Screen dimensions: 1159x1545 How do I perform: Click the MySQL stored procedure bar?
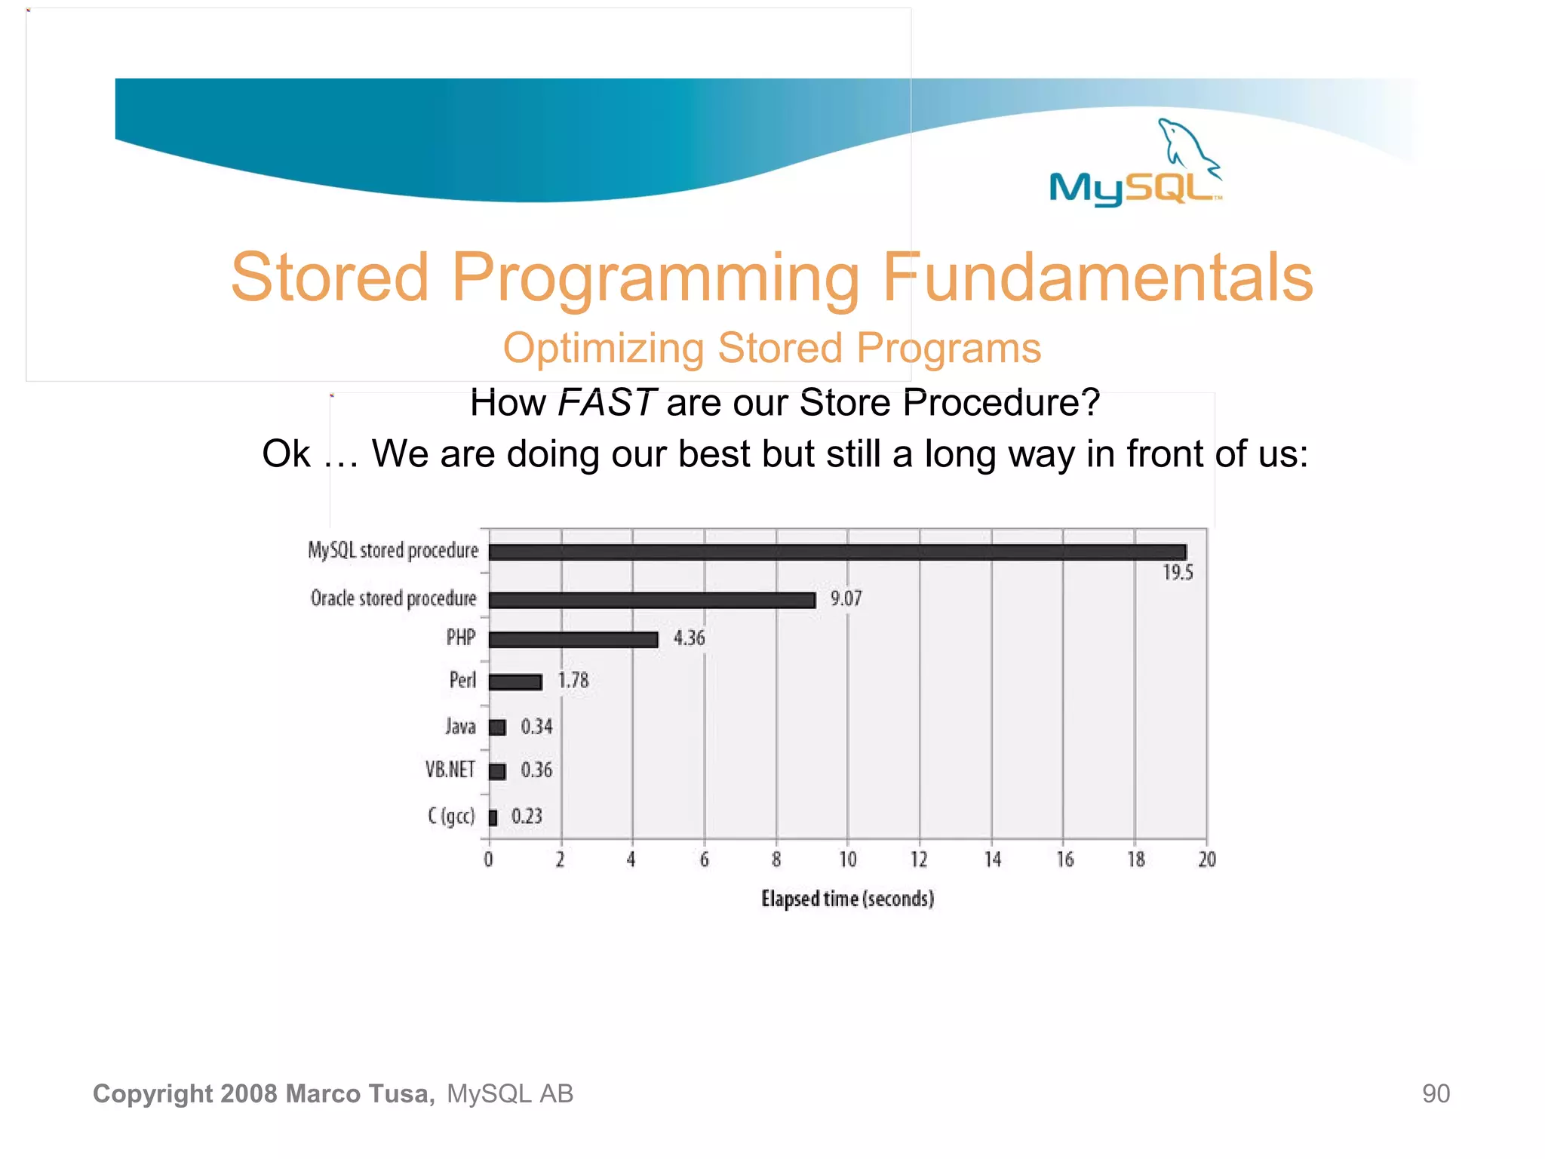837,552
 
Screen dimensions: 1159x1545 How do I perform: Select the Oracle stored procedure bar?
652,600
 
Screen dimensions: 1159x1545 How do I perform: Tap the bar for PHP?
573,639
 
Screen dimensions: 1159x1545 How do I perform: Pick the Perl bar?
515,682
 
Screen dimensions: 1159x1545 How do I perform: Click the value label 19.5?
1178,573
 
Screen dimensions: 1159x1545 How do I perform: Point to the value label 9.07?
846,599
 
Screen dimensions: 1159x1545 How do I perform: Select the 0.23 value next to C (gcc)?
527,816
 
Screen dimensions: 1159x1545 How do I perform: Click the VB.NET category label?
450,770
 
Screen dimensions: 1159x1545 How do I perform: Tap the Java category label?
460,727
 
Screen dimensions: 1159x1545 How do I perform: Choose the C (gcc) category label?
451,816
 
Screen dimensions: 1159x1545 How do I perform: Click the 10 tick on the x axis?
848,859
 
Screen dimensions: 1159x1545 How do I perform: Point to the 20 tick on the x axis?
1207,859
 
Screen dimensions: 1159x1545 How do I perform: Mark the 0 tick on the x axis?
489,859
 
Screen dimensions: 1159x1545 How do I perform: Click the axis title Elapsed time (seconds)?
847,899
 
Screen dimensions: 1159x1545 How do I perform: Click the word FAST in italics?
607,402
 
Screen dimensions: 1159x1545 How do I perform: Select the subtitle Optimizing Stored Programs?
772,349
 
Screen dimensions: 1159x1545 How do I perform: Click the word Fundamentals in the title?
1098,278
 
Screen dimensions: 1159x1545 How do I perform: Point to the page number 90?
1436,1093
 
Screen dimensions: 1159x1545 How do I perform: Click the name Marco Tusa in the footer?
360,1093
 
